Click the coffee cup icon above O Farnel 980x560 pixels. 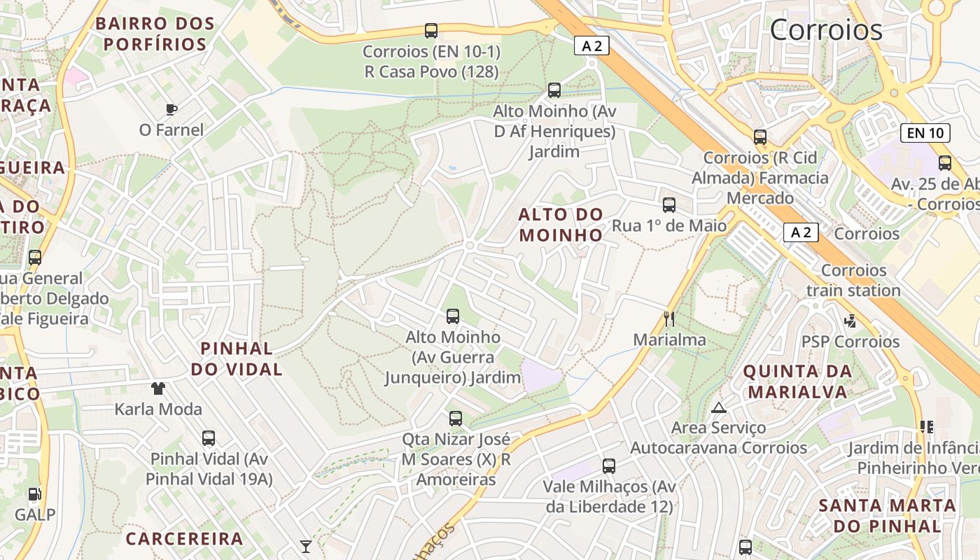click(171, 109)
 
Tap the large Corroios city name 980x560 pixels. click(826, 29)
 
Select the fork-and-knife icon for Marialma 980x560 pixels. click(669, 319)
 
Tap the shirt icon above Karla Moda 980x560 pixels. click(158, 388)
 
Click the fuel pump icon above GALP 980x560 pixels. click(35, 494)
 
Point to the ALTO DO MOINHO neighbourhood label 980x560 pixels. click(561, 224)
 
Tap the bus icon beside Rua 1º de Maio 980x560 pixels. click(669, 205)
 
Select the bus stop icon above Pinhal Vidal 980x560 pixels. click(209, 438)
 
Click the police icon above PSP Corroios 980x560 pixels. click(850, 321)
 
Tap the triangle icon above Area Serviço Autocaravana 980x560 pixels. click(718, 407)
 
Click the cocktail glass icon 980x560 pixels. click(306, 546)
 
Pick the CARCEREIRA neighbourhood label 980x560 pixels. click(184, 538)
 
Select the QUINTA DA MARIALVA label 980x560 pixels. click(797, 381)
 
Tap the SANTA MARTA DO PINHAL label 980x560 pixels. click(887, 515)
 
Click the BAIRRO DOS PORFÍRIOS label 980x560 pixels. click(155, 34)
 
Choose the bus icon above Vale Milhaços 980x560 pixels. click(609, 466)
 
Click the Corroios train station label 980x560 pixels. click(853, 280)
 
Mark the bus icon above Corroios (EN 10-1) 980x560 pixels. click(431, 31)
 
